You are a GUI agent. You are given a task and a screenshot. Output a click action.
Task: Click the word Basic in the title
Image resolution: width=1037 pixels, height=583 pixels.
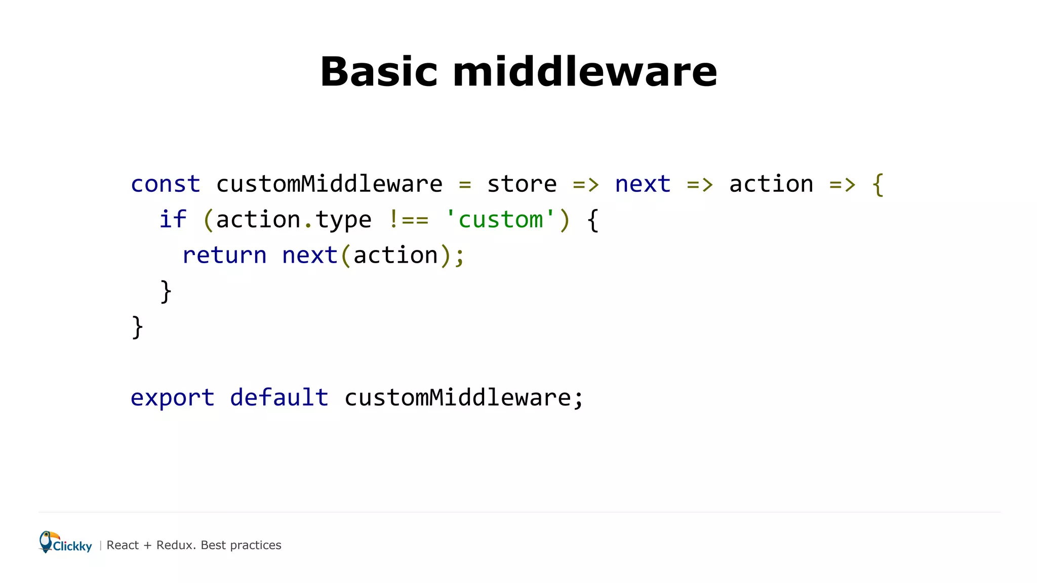click(378, 72)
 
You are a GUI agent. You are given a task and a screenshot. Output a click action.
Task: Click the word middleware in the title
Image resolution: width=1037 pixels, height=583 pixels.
click(585, 72)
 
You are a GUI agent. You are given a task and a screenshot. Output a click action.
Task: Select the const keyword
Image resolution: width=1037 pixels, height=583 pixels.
click(166, 184)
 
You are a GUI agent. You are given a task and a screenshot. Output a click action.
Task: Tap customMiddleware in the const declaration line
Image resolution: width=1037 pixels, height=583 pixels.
click(329, 184)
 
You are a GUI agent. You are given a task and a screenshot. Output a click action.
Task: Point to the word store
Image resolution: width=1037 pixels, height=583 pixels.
click(522, 184)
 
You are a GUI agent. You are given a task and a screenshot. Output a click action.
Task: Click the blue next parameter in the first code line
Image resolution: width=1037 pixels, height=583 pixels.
click(643, 184)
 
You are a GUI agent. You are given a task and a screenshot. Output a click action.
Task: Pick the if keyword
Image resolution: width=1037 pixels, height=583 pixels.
click(173, 220)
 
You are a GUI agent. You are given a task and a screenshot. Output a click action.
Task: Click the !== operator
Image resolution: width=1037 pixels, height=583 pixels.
click(409, 220)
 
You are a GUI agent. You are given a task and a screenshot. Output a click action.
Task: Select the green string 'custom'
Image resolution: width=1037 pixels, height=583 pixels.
click(500, 220)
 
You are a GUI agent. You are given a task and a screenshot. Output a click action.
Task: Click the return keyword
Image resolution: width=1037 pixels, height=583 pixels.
click(224, 255)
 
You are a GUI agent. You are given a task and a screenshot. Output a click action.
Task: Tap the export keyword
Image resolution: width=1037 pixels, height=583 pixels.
click(172, 398)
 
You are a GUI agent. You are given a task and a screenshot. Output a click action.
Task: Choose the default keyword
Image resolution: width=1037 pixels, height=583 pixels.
click(279, 398)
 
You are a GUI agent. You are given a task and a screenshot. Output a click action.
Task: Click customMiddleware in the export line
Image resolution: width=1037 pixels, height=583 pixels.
click(458, 398)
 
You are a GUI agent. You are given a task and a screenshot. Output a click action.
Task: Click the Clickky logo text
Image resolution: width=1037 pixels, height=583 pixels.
click(72, 547)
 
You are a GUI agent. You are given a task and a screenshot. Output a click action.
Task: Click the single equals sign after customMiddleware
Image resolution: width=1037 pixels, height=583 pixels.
click(465, 185)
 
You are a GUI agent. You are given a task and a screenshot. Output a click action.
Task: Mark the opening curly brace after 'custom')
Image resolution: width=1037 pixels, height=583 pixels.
click(593, 221)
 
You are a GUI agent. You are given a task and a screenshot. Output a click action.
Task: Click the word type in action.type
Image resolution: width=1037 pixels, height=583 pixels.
click(343, 221)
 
